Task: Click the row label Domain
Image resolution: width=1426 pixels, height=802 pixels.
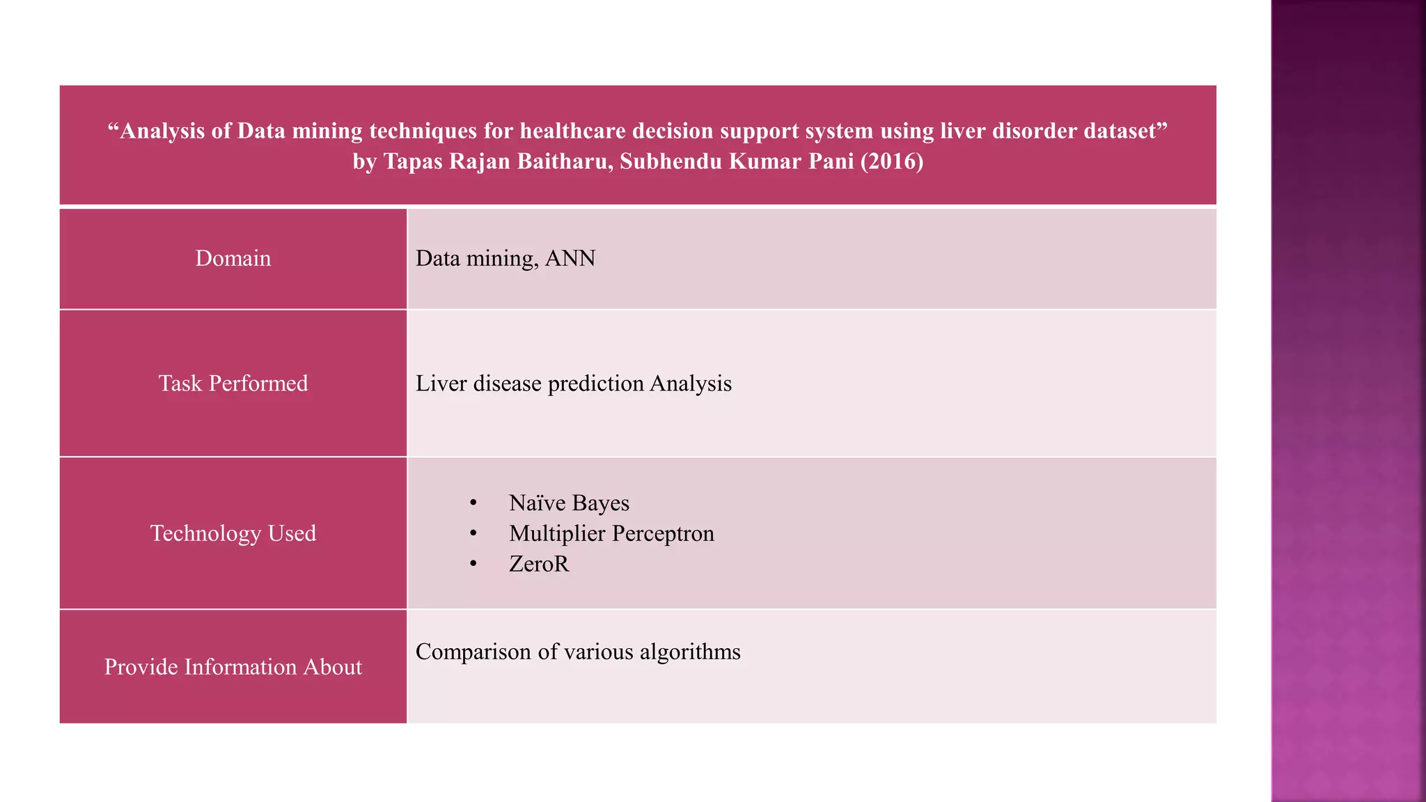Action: [233, 258]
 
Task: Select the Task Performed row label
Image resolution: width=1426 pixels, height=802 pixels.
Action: [233, 384]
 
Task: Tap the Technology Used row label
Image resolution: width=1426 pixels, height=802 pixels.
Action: [233, 533]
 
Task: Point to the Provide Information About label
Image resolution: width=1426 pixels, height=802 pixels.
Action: [233, 667]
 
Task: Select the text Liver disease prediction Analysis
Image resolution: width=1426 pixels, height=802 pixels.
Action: [573, 384]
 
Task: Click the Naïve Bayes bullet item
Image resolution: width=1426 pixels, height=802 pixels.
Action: [569, 503]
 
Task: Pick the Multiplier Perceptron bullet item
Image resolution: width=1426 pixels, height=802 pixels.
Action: [611, 533]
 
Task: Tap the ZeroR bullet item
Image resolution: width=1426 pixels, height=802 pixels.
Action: [539, 564]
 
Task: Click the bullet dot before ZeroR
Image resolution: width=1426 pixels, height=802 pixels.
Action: [473, 564]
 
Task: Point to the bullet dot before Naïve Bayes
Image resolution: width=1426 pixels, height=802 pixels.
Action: [473, 503]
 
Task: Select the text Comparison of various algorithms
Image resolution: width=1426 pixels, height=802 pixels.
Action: [578, 652]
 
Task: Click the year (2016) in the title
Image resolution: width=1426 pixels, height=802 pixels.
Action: [892, 162]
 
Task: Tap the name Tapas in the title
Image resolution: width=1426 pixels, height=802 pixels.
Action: [414, 162]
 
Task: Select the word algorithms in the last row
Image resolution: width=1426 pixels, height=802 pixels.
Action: [690, 652]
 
